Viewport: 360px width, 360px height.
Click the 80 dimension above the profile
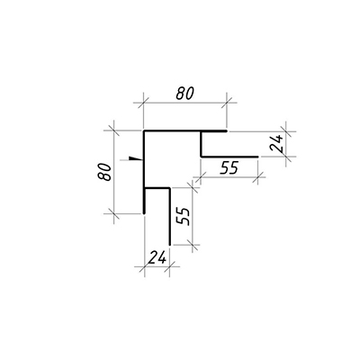click(x=185, y=94)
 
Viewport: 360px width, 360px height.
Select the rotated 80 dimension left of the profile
click(x=104, y=172)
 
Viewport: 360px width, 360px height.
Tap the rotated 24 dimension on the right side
click(x=276, y=143)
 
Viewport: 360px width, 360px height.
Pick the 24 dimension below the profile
click(x=157, y=257)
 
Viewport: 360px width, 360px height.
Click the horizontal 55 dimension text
click(x=229, y=167)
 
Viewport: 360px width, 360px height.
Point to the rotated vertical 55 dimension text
click(x=183, y=216)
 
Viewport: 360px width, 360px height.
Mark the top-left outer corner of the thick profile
click(x=144, y=131)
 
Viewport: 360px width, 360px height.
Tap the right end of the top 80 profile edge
click(x=227, y=131)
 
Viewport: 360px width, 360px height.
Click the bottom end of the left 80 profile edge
click(x=144, y=213)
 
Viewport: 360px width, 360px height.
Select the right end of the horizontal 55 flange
click(x=257, y=157)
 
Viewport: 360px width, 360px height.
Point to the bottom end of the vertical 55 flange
click(x=170, y=245)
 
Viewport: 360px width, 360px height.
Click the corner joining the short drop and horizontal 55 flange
click(x=201, y=157)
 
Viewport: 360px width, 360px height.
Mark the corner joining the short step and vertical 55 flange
click(x=170, y=188)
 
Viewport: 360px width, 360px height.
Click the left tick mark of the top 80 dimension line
click(x=143, y=103)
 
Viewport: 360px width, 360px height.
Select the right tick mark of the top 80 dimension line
click(x=227, y=103)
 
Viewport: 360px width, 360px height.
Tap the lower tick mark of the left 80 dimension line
click(x=113, y=213)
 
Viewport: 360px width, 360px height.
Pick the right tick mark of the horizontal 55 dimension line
click(x=257, y=177)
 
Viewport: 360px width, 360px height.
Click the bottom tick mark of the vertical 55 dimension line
click(x=192, y=245)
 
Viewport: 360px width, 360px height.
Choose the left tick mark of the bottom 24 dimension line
click(x=145, y=266)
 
